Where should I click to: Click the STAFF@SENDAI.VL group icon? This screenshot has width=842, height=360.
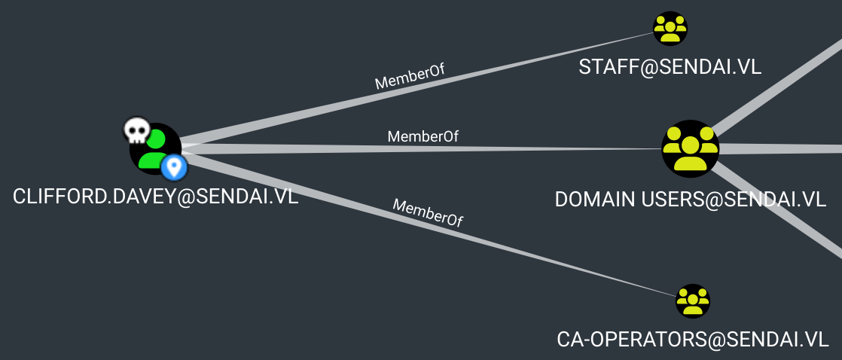pos(670,29)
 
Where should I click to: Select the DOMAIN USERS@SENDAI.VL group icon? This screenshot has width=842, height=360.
pos(690,148)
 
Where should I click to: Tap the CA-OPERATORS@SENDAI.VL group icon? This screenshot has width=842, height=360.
pos(692,301)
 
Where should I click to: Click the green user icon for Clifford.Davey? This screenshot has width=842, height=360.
pos(155,148)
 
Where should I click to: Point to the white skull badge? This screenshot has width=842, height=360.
pos(136,131)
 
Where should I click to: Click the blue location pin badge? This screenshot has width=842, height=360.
pos(175,167)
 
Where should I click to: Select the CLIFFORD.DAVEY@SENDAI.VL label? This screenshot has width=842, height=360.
pos(155,197)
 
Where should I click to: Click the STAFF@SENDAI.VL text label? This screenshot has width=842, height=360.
pos(670,67)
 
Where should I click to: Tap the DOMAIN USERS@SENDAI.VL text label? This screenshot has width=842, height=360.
pos(691,200)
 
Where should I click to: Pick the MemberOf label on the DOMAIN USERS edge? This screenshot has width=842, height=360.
pos(423,136)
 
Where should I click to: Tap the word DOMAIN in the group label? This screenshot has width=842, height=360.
pos(594,200)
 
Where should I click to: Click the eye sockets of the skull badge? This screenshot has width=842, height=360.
pos(136,130)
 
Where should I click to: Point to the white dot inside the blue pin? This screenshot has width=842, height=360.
pos(175,165)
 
